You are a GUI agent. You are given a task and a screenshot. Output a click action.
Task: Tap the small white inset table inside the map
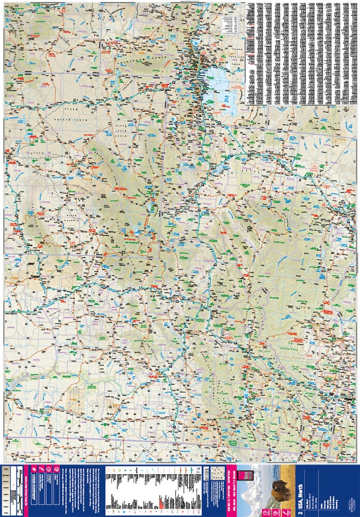(x=228, y=23)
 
